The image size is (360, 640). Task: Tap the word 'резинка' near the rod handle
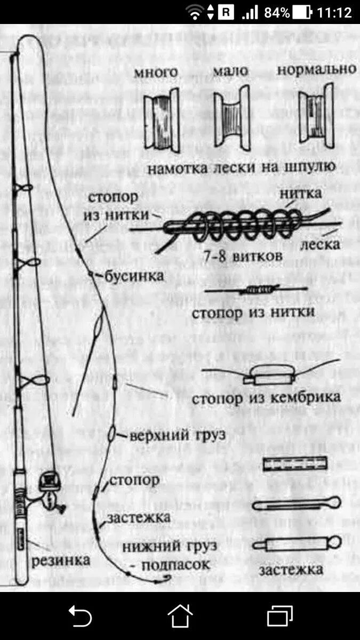click(60, 561)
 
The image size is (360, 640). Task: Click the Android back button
click(80, 617)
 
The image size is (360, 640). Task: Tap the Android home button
click(180, 617)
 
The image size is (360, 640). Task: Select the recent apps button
click(279, 617)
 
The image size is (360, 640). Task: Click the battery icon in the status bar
click(302, 12)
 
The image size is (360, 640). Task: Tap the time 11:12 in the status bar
click(334, 12)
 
